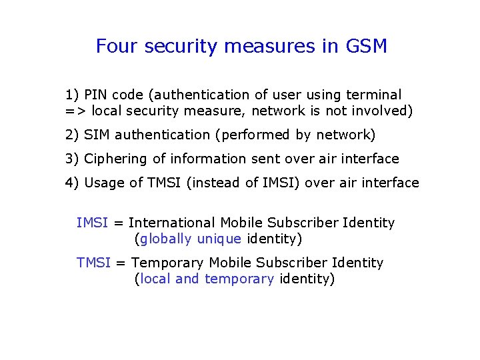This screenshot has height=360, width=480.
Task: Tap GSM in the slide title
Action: [367, 47]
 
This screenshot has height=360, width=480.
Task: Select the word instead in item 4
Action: [216, 183]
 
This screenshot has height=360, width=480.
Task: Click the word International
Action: [172, 223]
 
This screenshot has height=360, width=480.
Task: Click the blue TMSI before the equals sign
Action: [93, 263]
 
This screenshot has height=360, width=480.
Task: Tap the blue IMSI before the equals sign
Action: [92, 223]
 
